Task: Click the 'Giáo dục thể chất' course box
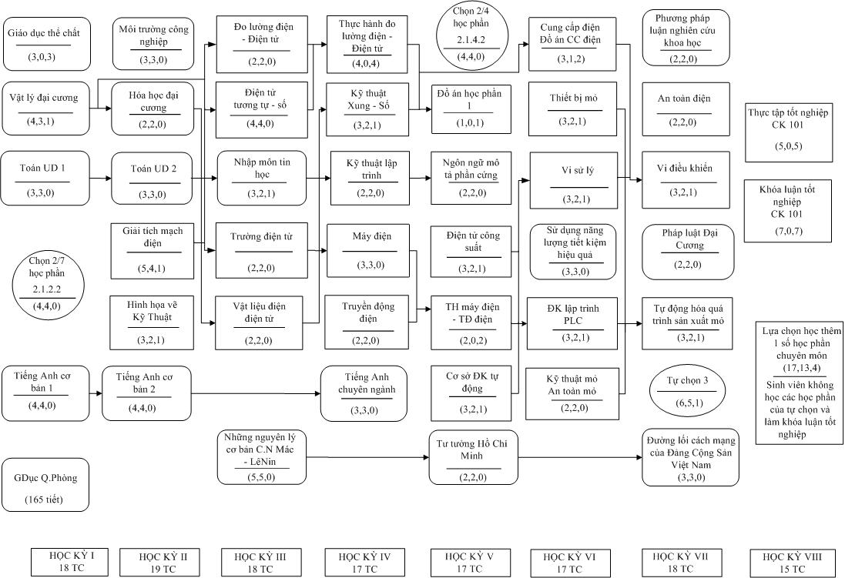click(46, 44)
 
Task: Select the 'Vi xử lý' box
click(573, 180)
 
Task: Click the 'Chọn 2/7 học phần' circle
click(48, 283)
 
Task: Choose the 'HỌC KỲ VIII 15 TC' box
click(792, 563)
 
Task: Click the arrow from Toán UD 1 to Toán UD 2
click(100, 178)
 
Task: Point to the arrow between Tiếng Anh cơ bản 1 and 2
click(96, 393)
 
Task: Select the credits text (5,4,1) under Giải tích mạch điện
click(153, 269)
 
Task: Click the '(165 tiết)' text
click(44, 499)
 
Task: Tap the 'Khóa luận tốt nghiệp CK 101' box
click(787, 211)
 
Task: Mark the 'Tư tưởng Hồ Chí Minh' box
click(473, 457)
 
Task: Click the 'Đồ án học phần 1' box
click(471, 109)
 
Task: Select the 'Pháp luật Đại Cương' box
click(687, 252)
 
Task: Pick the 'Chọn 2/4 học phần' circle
click(471, 35)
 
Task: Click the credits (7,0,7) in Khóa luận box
click(787, 231)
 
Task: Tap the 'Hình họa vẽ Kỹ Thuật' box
click(152, 322)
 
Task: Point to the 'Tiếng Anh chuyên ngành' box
click(364, 394)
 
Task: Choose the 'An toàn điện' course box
click(686, 109)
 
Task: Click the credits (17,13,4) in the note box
click(802, 369)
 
